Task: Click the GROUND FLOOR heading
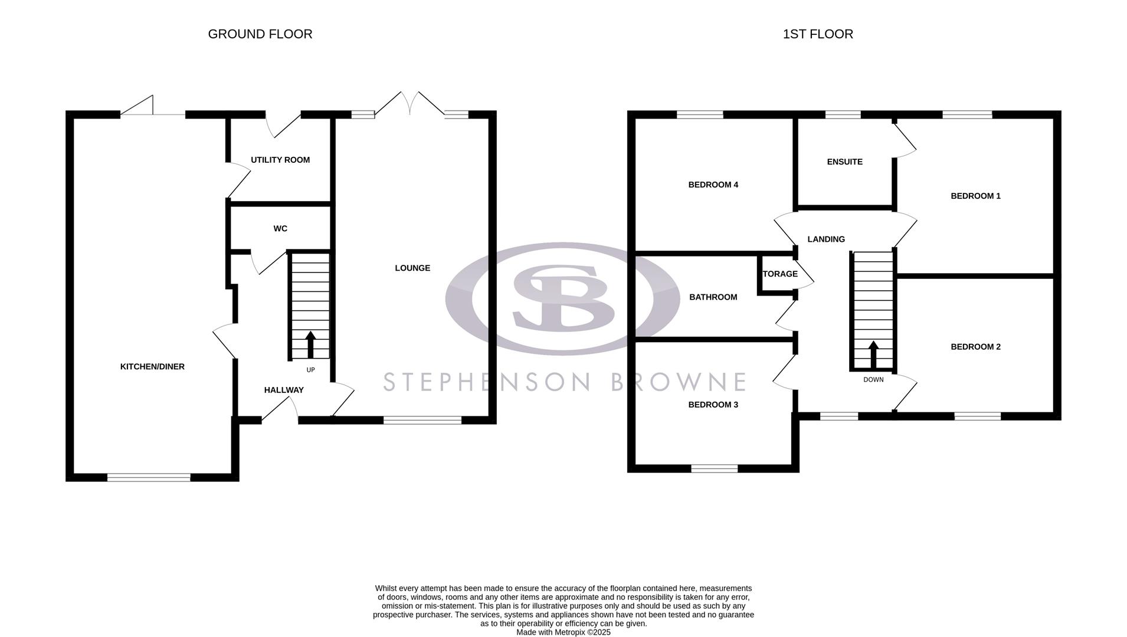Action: click(x=260, y=34)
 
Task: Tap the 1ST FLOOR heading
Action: click(x=818, y=34)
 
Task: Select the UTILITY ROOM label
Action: click(x=280, y=160)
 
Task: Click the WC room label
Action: click(x=280, y=228)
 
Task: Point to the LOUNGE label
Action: click(x=412, y=268)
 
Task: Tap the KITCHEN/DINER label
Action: click(x=152, y=366)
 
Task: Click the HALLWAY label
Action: click(x=284, y=390)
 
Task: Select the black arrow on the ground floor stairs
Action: click(x=310, y=344)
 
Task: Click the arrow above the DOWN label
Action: click(x=873, y=354)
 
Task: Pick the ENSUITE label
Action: click(x=844, y=162)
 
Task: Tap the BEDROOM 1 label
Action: click(x=975, y=196)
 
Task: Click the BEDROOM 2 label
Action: click(x=975, y=347)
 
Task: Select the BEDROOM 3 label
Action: click(x=713, y=405)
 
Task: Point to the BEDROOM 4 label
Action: click(x=713, y=185)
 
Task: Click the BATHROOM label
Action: click(x=713, y=297)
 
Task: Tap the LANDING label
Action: click(x=826, y=239)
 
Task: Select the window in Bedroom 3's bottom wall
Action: click(x=714, y=468)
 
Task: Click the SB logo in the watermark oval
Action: click(x=562, y=298)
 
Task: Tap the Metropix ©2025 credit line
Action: click(x=563, y=632)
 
